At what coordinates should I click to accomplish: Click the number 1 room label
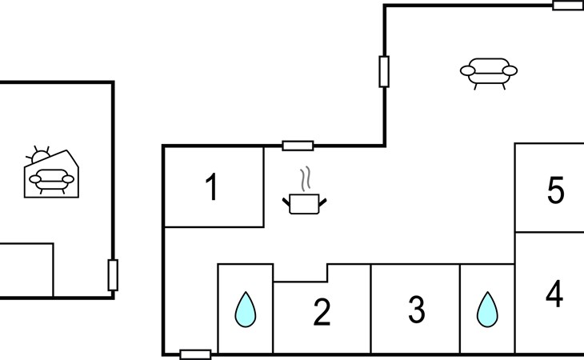coord(211,187)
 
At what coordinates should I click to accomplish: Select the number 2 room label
coord(322,312)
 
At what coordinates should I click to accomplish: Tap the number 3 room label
coord(416,310)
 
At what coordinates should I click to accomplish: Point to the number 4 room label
coord(554,294)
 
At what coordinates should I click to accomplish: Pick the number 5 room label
coord(556,190)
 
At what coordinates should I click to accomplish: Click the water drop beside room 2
coord(246,310)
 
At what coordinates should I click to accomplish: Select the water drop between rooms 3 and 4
coord(487,310)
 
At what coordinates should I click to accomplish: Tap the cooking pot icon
coord(304,204)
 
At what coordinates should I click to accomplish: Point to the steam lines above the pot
coord(306,178)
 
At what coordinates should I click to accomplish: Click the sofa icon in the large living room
coord(489,72)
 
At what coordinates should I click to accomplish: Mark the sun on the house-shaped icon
coord(38,155)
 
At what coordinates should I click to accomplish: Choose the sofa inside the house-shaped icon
coord(51,181)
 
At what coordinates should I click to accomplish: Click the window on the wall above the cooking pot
coord(298,146)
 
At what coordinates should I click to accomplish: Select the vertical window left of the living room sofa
coord(384,72)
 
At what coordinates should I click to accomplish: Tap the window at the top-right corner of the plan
coord(568,6)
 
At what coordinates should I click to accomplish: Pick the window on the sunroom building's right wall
coord(113,275)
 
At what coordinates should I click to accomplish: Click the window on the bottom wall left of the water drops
coord(195,354)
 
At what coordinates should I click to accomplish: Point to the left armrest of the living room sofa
coord(467,70)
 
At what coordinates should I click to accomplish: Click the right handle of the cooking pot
coord(322,202)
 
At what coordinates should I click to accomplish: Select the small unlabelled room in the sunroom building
coord(26,270)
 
